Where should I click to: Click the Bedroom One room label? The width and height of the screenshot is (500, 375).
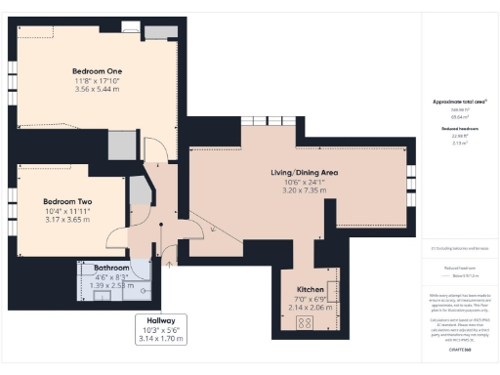(x=97, y=70)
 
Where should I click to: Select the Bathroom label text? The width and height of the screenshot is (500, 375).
(x=111, y=267)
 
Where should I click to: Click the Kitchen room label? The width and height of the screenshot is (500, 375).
(x=310, y=290)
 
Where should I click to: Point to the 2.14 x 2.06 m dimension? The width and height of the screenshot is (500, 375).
(x=310, y=307)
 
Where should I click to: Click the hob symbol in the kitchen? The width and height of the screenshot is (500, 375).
(x=303, y=323)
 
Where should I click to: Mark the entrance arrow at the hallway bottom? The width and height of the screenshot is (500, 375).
(x=171, y=262)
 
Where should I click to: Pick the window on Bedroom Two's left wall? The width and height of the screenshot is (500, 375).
(x=14, y=203)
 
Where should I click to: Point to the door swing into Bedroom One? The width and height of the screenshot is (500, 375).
(x=153, y=148)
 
